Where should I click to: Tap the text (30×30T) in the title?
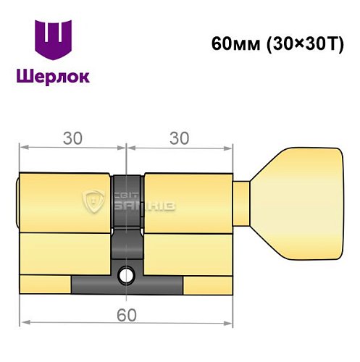(299, 43)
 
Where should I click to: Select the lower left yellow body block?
(65, 253)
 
